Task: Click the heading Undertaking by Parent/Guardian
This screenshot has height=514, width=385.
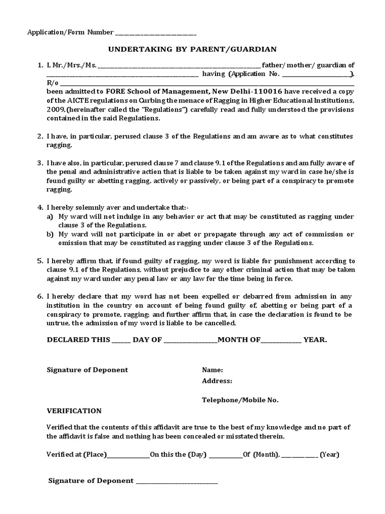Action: pos(193,49)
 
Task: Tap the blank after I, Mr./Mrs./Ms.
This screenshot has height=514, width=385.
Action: pos(179,66)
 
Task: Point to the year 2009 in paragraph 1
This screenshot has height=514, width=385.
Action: pos(56,109)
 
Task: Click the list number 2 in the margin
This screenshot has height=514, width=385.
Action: pos(40,137)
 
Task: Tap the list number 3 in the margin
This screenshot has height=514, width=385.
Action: pos(40,163)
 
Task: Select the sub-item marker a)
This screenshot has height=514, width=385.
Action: pos(50,216)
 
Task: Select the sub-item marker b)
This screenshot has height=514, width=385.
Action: pos(50,234)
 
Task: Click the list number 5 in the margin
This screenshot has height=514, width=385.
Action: pos(40,261)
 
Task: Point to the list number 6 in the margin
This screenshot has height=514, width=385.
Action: pos(40,297)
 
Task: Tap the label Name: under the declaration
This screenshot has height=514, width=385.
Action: pos(212,370)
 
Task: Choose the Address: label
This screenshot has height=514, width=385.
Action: pos(217,381)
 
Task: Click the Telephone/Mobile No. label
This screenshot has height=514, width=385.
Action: pos(240,400)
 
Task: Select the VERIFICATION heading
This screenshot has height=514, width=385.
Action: pos(74,411)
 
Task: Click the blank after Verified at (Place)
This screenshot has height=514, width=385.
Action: pos(128,456)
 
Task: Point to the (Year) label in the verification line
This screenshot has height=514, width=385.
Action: pos(330,455)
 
